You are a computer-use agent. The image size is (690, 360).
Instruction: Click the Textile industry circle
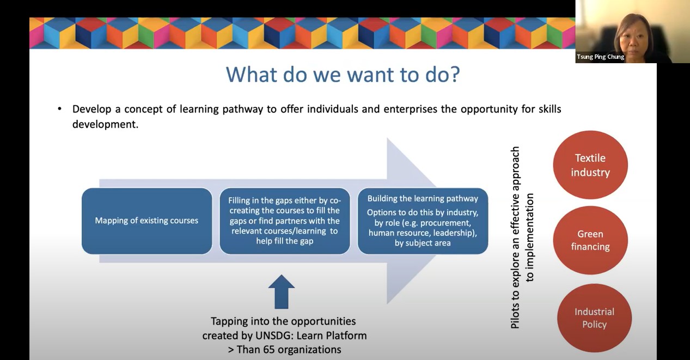[x=590, y=165]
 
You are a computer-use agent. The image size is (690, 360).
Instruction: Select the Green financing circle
[x=590, y=240]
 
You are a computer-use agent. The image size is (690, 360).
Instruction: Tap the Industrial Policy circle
[x=594, y=318]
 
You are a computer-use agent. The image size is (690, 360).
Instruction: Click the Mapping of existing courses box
[x=147, y=221]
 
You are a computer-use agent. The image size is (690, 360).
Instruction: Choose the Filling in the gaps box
[x=285, y=221]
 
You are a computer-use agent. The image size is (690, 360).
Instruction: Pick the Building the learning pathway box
[x=423, y=221]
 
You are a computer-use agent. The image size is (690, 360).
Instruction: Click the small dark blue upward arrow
[x=281, y=292]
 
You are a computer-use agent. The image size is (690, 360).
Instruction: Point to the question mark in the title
[x=454, y=74]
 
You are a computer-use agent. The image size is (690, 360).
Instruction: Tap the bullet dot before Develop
[x=59, y=109]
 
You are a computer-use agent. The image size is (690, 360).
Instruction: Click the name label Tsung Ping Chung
[x=600, y=57]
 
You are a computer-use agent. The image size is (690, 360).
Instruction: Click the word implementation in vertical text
[x=530, y=237]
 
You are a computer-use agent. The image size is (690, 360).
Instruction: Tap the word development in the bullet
[x=105, y=124]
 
